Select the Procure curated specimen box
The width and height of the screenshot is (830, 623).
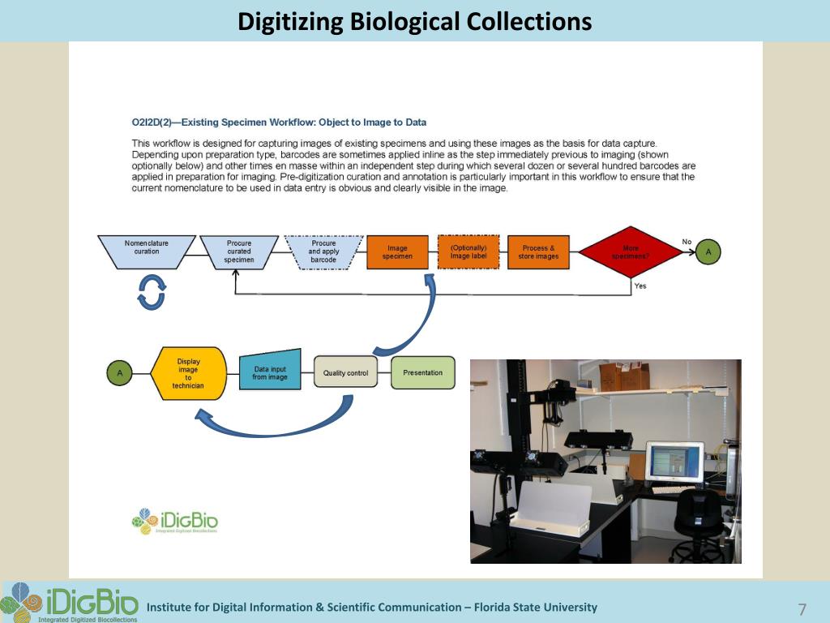pyautogui.click(x=239, y=251)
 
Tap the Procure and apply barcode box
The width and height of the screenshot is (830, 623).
pyautogui.click(x=323, y=251)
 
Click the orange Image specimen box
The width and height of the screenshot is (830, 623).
pyautogui.click(x=397, y=252)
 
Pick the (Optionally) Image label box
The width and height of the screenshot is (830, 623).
pyautogui.click(x=468, y=252)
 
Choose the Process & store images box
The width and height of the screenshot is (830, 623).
pyautogui.click(x=539, y=252)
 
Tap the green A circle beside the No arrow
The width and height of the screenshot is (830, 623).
pyautogui.click(x=708, y=252)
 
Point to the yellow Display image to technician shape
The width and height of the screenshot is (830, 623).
pyautogui.click(x=188, y=373)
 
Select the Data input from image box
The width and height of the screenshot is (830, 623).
pyautogui.click(x=270, y=372)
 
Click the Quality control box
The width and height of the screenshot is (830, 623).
pyautogui.click(x=345, y=373)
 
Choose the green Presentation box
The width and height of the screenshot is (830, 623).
pyautogui.click(x=423, y=372)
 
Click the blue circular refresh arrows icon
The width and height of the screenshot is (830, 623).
pyautogui.click(x=152, y=292)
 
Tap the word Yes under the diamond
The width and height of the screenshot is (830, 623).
pyautogui.click(x=640, y=286)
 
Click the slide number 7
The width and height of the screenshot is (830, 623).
pyautogui.click(x=802, y=610)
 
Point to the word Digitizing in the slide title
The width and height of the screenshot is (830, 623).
pyautogui.click(x=291, y=21)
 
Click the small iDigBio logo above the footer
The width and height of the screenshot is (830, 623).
pyautogui.click(x=175, y=522)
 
